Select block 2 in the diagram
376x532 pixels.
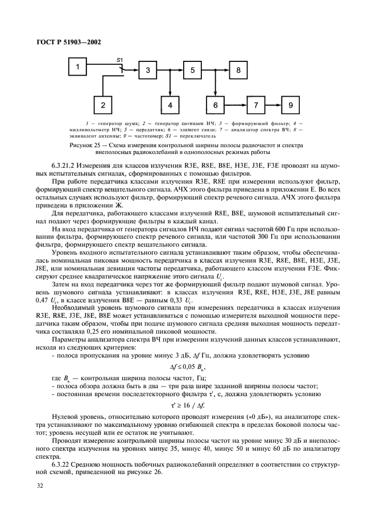click(x=103, y=105)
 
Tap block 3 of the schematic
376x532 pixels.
click(x=148, y=70)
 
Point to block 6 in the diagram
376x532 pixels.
click(x=216, y=105)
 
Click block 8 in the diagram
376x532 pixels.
click(x=239, y=70)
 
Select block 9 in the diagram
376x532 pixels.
click(x=291, y=105)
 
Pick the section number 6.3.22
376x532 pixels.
click(x=62, y=464)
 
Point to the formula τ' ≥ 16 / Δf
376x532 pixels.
click(x=188, y=412)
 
